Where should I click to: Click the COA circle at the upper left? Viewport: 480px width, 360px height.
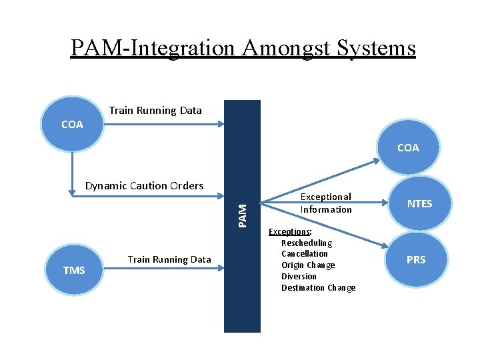[72, 125]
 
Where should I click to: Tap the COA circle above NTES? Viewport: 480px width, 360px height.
[408, 148]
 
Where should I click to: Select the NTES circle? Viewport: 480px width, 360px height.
[419, 204]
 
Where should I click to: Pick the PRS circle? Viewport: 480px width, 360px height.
[415, 259]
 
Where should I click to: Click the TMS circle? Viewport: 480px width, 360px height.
[74, 270]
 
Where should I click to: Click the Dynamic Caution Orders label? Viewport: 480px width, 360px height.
[144, 186]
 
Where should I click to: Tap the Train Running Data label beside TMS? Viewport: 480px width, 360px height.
[169, 259]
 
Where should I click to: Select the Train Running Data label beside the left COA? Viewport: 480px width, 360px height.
[155, 111]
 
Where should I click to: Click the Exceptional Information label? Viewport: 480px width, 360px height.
[325, 203]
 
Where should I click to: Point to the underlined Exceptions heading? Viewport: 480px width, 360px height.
[290, 232]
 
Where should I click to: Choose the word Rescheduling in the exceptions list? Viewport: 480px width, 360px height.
[307, 243]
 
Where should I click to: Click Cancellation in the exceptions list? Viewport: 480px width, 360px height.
[305, 254]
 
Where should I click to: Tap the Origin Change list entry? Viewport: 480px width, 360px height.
[308, 265]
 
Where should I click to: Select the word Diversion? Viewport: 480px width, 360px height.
[299, 277]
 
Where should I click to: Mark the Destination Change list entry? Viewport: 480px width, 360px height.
[318, 288]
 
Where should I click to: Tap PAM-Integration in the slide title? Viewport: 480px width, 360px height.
[153, 48]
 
